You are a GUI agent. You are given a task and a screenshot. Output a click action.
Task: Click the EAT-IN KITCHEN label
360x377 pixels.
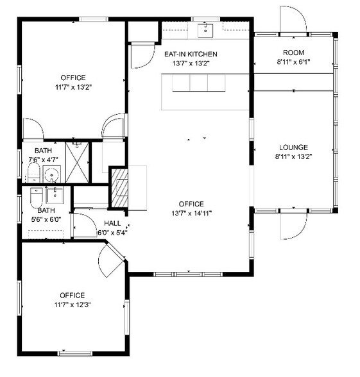[x=191, y=54]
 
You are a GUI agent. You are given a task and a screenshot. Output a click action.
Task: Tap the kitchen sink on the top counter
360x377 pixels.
[x=207, y=29]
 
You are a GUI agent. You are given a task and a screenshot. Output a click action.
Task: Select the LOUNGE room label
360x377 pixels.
[x=293, y=147]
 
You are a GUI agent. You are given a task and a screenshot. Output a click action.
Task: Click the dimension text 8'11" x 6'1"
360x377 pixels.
[x=293, y=62]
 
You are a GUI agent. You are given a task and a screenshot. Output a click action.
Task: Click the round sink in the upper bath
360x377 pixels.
[x=53, y=173]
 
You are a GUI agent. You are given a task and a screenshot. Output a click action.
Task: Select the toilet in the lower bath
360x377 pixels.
[x=33, y=201]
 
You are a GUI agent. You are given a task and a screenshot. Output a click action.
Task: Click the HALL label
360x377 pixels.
[x=112, y=223]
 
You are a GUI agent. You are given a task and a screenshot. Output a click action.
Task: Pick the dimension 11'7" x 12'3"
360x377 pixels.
[x=72, y=305]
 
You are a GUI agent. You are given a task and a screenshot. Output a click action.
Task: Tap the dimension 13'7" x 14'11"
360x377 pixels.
[x=191, y=214]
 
